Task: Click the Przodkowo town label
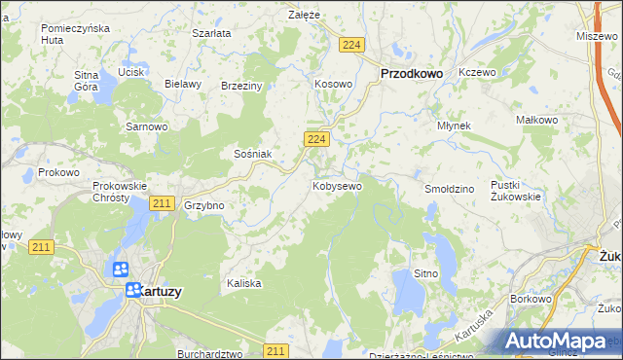(411, 72)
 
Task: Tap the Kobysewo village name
(337, 185)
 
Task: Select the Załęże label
(304, 15)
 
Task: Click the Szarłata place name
(211, 33)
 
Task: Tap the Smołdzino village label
(449, 188)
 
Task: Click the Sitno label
(425, 274)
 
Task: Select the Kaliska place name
(244, 283)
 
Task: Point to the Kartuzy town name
(157, 290)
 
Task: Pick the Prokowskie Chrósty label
(119, 191)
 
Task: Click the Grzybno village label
(204, 206)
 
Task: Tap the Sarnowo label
(147, 126)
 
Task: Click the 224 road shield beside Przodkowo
(352, 45)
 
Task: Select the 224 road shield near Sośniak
(314, 140)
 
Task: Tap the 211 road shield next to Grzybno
(162, 203)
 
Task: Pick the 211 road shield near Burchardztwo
(276, 350)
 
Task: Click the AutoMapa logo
(559, 342)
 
